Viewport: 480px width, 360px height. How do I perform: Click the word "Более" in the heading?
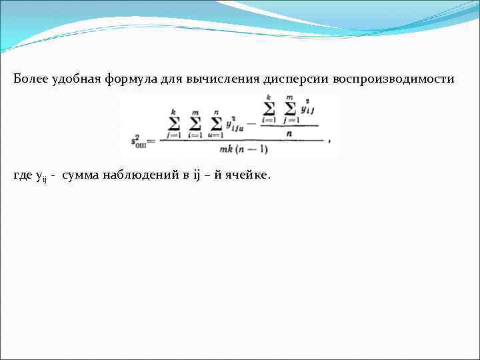tap(31, 79)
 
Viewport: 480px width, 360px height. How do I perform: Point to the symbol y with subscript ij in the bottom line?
tap(41, 176)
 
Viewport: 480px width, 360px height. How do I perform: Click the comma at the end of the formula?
tap(329, 141)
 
